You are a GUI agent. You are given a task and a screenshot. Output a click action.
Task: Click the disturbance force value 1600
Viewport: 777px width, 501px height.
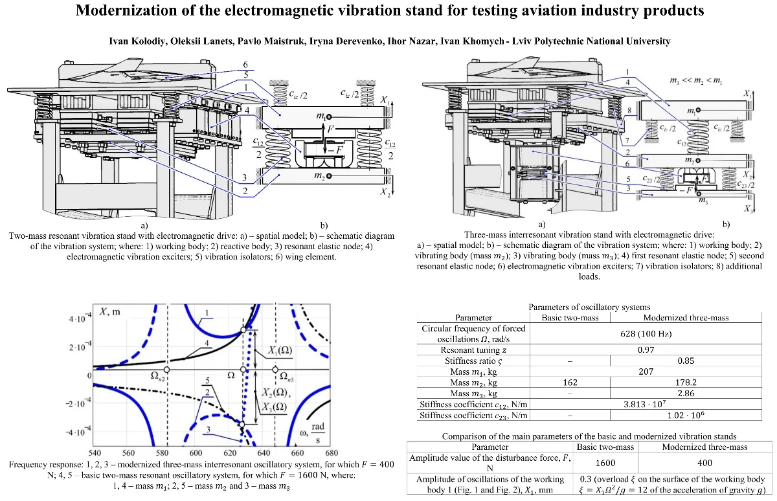point(606,463)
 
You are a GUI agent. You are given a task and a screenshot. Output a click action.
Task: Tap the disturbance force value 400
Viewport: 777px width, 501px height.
point(704,463)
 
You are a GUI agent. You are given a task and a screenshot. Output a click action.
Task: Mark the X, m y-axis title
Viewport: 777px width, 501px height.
point(109,313)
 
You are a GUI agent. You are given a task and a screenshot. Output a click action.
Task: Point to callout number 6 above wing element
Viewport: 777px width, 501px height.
point(245,65)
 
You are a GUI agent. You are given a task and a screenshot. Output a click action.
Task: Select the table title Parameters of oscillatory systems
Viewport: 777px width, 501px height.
point(589,307)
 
